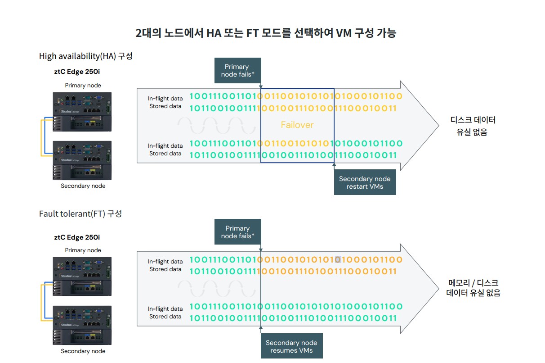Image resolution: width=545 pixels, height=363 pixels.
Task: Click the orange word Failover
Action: [x=297, y=125]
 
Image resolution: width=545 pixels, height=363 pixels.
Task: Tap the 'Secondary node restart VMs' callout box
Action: [x=365, y=182]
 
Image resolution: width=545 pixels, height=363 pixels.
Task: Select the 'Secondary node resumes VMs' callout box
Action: [x=291, y=346]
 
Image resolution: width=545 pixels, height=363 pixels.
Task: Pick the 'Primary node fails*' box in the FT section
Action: [x=237, y=232]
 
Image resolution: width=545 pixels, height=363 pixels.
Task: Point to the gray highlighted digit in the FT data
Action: [x=338, y=259]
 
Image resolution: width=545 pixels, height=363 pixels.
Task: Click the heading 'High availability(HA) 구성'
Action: [x=86, y=56]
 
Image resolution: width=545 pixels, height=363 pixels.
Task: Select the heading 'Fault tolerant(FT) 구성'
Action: [x=80, y=213]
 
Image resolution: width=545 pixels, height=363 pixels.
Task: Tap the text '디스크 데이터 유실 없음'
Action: [x=473, y=126]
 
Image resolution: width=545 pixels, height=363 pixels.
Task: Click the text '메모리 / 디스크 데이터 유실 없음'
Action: [x=473, y=288]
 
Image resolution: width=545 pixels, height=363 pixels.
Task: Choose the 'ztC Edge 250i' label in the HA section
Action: [x=77, y=72]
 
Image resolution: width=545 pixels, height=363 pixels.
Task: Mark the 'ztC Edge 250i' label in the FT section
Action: [x=77, y=237]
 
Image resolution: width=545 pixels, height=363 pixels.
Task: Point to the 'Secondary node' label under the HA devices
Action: [x=83, y=186]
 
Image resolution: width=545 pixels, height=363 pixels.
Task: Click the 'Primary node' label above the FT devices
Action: [x=83, y=250]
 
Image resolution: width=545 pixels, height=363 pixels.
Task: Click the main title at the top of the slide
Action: [x=266, y=33]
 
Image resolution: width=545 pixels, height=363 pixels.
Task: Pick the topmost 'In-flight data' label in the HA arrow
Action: [x=165, y=98]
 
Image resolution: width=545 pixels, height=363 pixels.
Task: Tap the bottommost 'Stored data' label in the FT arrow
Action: [x=165, y=317]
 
